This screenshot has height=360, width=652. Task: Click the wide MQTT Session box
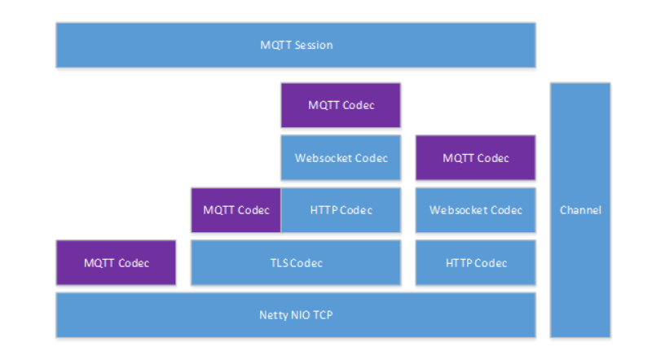point(295,45)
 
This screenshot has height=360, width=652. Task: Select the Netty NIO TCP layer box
point(295,315)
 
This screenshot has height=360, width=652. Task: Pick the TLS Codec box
point(295,262)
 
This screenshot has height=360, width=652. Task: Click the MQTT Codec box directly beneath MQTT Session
point(341,105)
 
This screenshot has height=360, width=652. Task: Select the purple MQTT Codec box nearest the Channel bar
point(475,157)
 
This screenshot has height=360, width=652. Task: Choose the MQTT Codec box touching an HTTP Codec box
point(236,210)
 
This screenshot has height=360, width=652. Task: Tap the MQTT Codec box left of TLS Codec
point(116,262)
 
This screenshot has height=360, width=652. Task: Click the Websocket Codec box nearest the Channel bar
point(475,210)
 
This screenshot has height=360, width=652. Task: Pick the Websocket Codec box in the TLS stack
point(341,157)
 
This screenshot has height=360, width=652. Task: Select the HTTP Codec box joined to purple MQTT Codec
point(341,210)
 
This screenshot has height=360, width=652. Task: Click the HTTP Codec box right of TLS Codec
point(475,262)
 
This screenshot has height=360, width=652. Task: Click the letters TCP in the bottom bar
point(323,315)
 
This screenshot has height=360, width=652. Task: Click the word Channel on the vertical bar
point(580,210)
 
